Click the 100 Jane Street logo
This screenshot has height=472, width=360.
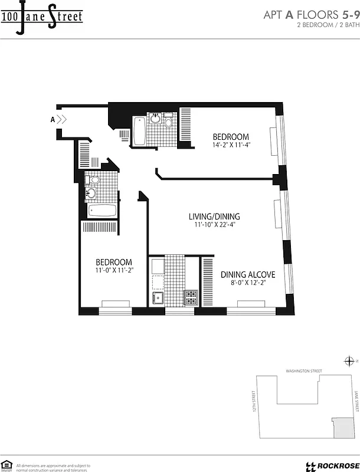(41, 16)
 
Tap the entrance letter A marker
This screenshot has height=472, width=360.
(53, 119)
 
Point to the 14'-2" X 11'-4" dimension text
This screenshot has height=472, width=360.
(231, 145)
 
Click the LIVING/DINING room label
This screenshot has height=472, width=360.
(214, 217)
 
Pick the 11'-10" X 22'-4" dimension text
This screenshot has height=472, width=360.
(214, 225)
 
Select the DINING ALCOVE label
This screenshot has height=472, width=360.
(248, 274)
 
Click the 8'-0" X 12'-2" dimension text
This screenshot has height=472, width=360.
(248, 283)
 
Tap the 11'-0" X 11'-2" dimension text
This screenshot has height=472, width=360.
(114, 271)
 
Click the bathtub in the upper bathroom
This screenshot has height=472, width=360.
(139, 131)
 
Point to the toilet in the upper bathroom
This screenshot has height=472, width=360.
(168, 122)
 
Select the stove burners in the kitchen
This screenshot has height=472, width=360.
(191, 297)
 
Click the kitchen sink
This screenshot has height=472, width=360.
(158, 296)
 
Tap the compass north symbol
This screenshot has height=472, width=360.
(348, 362)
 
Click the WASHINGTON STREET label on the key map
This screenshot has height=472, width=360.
(303, 371)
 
